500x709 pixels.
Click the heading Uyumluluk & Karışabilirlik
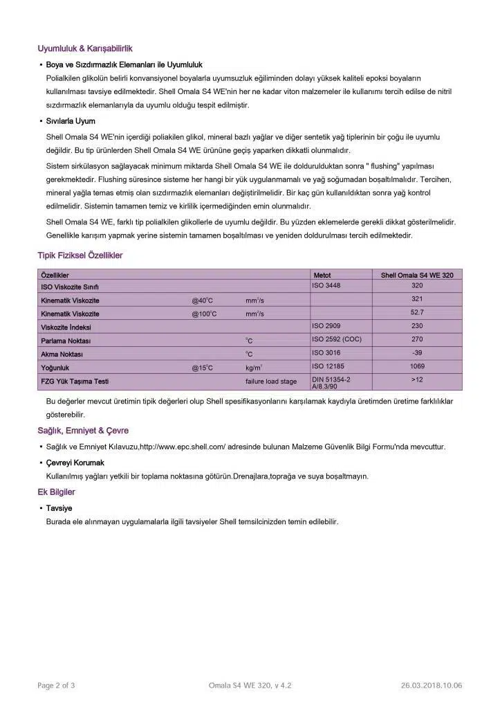85,48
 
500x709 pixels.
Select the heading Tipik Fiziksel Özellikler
80,255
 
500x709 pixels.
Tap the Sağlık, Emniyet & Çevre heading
83,431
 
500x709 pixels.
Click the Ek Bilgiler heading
56,492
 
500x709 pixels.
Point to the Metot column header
322,276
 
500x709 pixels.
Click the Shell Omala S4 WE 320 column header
417,276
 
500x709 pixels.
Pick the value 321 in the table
417,299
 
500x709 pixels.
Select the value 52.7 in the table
417,312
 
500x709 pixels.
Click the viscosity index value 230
417,326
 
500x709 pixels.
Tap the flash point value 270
417,340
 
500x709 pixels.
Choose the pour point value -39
417,353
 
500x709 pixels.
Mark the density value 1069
417,367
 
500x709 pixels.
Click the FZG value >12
417,380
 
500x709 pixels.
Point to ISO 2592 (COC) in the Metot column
337,340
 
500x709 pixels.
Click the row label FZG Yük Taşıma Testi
75,382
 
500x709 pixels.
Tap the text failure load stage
271,382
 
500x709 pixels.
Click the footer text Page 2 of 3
56,686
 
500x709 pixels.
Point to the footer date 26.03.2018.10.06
432,686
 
